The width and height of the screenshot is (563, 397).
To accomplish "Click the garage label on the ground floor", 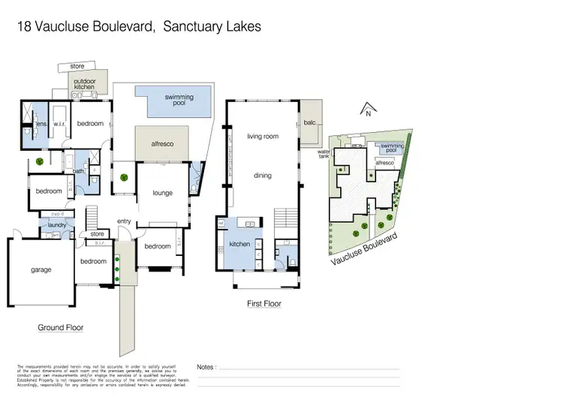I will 41,269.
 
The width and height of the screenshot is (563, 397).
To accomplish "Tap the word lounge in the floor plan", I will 163,193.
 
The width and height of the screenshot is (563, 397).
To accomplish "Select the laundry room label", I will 58,224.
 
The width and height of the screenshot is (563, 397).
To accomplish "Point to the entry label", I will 125,221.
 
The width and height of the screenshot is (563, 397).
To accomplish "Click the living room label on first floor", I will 262,136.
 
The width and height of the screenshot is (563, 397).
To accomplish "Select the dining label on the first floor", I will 262,176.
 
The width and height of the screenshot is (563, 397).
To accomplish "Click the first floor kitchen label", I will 239,245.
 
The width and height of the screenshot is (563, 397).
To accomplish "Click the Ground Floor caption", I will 61,327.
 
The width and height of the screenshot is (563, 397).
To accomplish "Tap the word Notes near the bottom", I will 206,367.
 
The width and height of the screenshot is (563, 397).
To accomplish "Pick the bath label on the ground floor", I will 79,171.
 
